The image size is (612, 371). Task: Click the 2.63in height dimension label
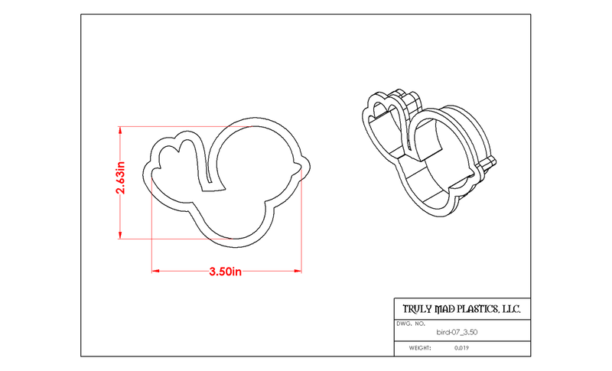click(x=120, y=177)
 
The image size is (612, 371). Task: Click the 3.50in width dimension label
click(x=225, y=272)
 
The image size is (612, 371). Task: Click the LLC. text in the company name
click(x=511, y=309)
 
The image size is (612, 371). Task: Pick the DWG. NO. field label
click(x=411, y=324)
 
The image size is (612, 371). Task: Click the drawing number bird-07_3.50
click(x=457, y=333)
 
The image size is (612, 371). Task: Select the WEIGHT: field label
click(x=420, y=348)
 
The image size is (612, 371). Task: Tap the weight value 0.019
click(x=461, y=348)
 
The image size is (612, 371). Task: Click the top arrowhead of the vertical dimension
click(x=120, y=130)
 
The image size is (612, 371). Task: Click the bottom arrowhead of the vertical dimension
click(x=120, y=236)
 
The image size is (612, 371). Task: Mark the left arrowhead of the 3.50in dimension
click(x=155, y=271)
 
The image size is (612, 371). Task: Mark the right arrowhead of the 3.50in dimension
click(x=298, y=271)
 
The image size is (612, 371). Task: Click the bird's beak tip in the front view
click(x=311, y=168)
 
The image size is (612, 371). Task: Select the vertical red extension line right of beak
click(x=301, y=220)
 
